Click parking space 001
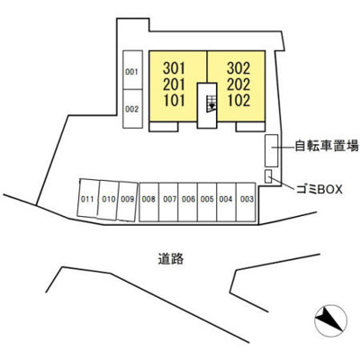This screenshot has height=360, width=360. (x=132, y=70)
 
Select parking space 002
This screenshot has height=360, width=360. (x=132, y=109)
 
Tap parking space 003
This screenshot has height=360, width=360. (x=246, y=202)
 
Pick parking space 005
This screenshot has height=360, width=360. (x=207, y=202)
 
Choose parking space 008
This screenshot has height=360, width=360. (x=149, y=202)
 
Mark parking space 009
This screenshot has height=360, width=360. (x=128, y=202)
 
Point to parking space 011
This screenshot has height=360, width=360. (x=88, y=198)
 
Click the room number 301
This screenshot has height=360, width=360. (x=174, y=68)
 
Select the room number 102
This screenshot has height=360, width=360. (x=238, y=100)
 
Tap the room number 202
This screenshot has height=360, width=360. (x=238, y=85)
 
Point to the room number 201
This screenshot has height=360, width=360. (x=174, y=85)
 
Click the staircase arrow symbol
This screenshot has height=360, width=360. (x=211, y=103)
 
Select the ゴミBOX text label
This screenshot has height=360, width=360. (x=319, y=189)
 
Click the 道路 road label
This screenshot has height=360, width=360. (x=171, y=258)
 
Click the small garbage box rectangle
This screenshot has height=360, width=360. (x=268, y=176)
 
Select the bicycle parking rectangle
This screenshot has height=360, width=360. (x=271, y=150)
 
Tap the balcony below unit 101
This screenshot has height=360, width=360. (x=164, y=127)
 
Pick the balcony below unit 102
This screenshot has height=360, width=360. (x=250, y=127)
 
